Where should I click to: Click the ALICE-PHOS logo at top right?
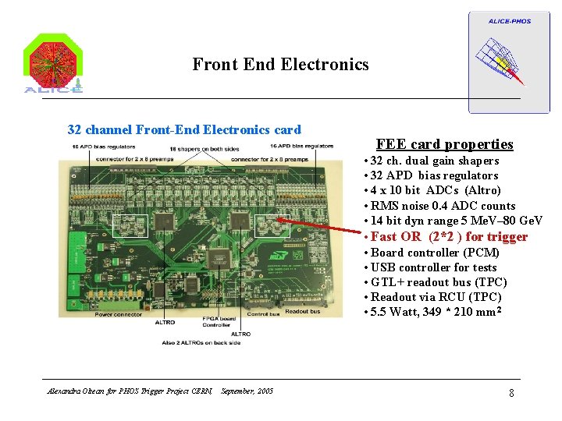click(498, 61)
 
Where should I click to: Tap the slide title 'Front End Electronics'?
click(280, 65)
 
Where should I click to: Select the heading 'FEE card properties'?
click(444, 144)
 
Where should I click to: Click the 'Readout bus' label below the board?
click(303, 311)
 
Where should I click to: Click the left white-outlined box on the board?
click(130, 225)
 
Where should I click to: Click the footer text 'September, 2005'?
click(247, 391)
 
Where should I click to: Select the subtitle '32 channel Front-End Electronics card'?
click(184, 129)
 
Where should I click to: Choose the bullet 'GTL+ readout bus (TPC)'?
click(439, 282)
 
